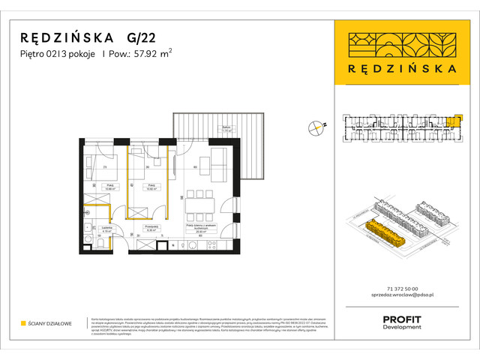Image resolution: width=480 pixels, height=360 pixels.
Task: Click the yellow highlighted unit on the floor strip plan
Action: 452,121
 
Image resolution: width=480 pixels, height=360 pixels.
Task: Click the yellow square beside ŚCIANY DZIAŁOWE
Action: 23,323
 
